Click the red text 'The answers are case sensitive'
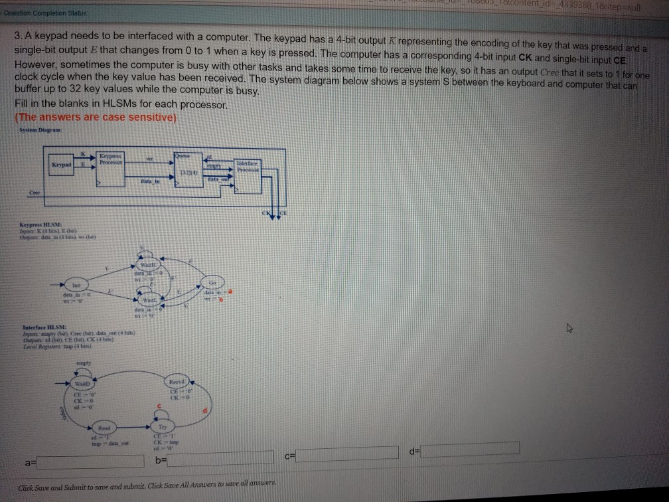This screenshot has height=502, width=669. point(93,117)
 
